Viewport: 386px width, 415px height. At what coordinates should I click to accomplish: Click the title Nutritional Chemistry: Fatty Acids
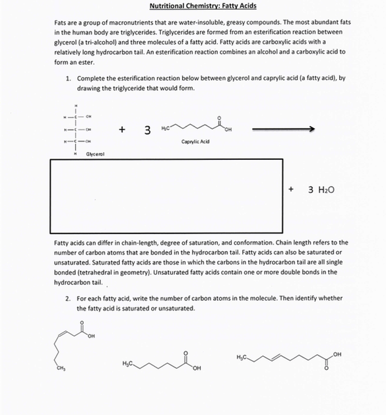coord(203,6)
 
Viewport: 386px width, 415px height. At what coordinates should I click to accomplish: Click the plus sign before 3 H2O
coord(291,188)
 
